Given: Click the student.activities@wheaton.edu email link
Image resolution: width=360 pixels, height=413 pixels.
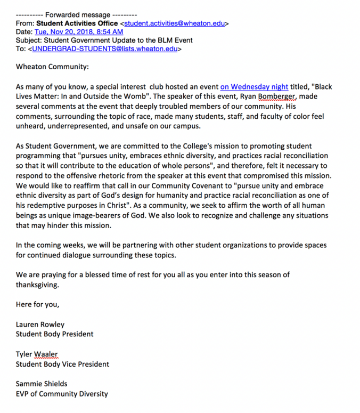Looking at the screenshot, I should pyautogui.click(x=176, y=23).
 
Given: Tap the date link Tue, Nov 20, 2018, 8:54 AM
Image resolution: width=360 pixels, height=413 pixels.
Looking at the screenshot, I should pyautogui.click(x=79, y=32).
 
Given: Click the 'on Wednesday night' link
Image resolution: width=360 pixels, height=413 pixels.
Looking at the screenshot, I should pyautogui.click(x=254, y=86).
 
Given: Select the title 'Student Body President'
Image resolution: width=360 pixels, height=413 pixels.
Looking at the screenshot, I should pyautogui.click(x=55, y=334).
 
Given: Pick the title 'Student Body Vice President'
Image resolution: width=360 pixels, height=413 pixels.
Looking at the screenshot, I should pyautogui.click(x=63, y=364).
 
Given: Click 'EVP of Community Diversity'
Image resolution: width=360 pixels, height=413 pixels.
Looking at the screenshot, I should pyautogui.click(x=62, y=394).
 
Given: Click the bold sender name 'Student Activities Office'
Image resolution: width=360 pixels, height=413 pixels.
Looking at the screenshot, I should pyautogui.click(x=77, y=23).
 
